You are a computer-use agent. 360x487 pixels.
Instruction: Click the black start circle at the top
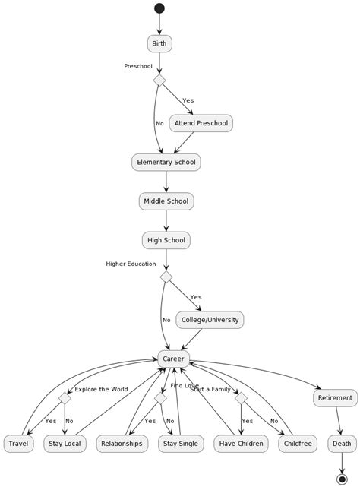pyautogui.click(x=159, y=8)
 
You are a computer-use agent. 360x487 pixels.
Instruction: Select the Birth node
pyautogui.click(x=159, y=43)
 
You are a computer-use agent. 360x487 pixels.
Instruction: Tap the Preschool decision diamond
pyautogui.click(x=159, y=80)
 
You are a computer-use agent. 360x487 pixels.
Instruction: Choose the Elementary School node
pyautogui.click(x=166, y=162)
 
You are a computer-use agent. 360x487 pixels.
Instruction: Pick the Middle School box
pyautogui.click(x=166, y=201)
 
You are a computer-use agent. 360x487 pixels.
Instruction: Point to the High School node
pyautogui.click(x=166, y=241)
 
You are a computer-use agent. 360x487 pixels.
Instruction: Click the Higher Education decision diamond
pyautogui.click(x=166, y=277)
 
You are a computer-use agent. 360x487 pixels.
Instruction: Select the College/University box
pyautogui.click(x=210, y=320)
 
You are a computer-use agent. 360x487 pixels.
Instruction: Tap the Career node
pyautogui.click(x=173, y=359)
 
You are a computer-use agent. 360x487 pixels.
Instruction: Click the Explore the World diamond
pyautogui.click(x=65, y=398)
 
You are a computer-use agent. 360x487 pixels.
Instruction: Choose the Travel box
pyautogui.click(x=18, y=444)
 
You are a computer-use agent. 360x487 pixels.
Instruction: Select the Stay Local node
pyautogui.click(x=64, y=444)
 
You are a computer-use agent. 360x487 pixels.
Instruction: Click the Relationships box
pyautogui.click(x=122, y=444)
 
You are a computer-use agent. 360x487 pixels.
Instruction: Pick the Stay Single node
pyautogui.click(x=182, y=444)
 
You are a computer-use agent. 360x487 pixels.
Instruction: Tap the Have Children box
pyautogui.click(x=241, y=444)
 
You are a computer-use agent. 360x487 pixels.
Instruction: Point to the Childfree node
pyautogui.click(x=297, y=444)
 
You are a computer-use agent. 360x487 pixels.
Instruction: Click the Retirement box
pyautogui.click(x=334, y=397)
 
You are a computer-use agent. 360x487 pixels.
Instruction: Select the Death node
pyautogui.click(x=342, y=444)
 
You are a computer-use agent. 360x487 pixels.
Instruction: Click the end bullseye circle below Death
pyautogui.click(x=342, y=478)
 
